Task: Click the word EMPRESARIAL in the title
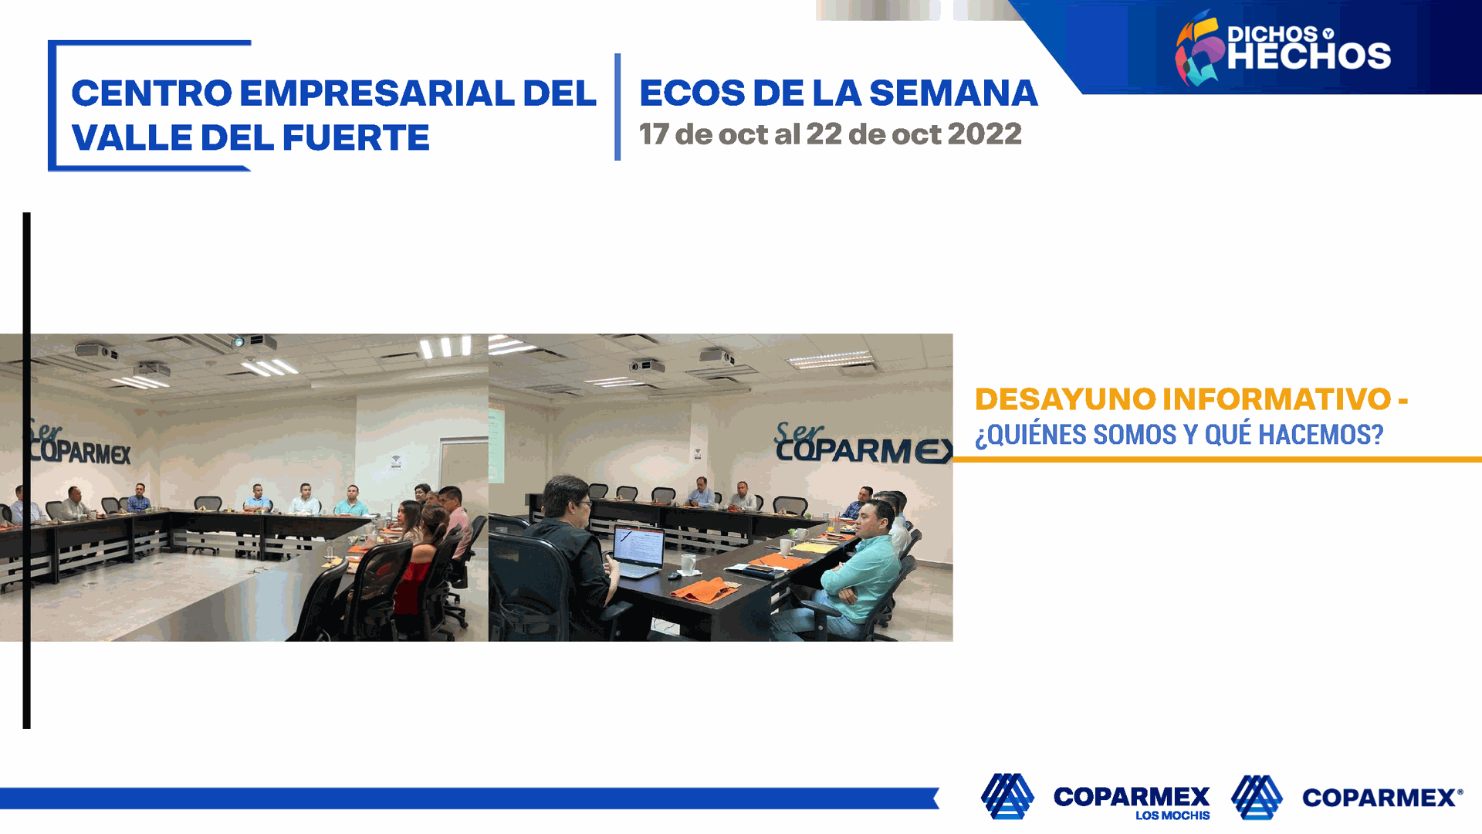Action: click(377, 93)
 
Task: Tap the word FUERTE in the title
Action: click(355, 138)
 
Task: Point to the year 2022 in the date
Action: click(984, 134)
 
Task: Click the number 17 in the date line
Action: click(654, 134)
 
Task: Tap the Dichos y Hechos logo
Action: click(1283, 47)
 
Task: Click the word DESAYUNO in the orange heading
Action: click(1064, 399)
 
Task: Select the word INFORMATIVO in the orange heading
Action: click(1277, 399)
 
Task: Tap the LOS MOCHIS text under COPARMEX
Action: click(1172, 815)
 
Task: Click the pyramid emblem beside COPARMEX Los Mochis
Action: click(1007, 795)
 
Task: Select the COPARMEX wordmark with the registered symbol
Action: click(1382, 798)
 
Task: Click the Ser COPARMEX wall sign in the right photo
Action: click(863, 443)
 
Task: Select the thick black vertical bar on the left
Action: click(27, 470)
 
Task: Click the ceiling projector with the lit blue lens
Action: click(253, 342)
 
